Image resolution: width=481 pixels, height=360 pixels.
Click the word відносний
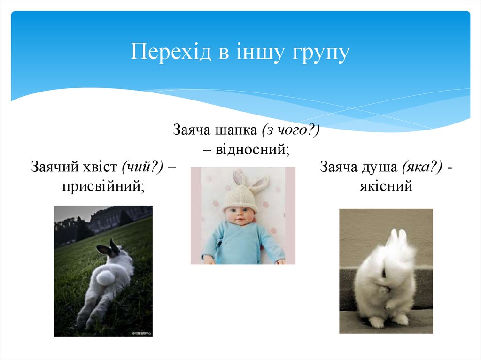tap(252, 150)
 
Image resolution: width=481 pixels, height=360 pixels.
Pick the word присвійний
tap(103, 186)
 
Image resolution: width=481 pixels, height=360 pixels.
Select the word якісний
tap(386, 186)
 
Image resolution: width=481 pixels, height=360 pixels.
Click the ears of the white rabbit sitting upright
tap(397, 237)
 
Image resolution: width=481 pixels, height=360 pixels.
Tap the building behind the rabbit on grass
tap(113, 218)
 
